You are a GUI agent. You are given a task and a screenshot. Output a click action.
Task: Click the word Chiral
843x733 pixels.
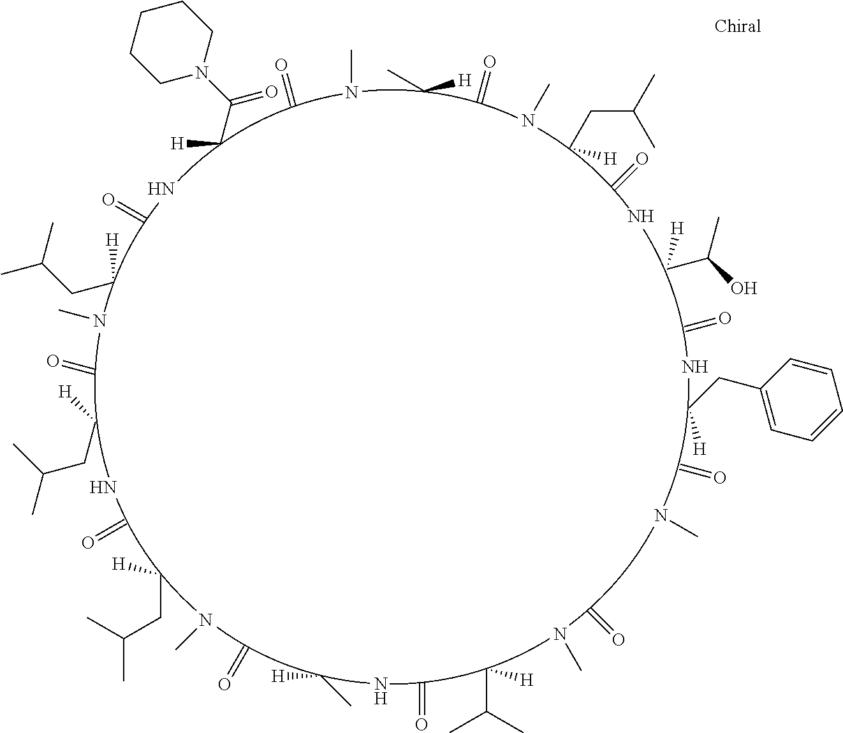[x=737, y=26]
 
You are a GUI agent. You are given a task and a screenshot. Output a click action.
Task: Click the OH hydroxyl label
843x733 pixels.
[x=743, y=288]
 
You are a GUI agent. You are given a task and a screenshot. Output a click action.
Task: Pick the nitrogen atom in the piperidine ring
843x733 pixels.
[x=202, y=73]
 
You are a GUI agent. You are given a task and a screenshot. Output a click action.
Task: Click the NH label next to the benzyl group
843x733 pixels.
[x=694, y=367]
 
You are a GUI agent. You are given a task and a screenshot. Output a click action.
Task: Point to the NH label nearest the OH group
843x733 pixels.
[x=641, y=216]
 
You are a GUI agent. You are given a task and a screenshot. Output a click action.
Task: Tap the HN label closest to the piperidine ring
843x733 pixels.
[x=161, y=188]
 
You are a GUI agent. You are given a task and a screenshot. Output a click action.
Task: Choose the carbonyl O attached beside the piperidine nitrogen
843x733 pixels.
[x=271, y=93]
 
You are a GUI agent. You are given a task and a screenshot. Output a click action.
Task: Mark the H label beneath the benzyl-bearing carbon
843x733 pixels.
[x=700, y=449]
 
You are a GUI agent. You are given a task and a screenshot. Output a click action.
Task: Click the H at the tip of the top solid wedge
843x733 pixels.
[x=465, y=81]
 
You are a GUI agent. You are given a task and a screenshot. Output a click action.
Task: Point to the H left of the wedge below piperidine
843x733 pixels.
[x=177, y=144]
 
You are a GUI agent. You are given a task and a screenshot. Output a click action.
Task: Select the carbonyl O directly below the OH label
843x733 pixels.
[x=724, y=318]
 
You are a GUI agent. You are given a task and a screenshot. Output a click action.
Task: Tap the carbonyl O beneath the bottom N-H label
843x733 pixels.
[x=420, y=724]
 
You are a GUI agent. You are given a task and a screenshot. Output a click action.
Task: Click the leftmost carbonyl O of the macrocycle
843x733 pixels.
[x=54, y=362]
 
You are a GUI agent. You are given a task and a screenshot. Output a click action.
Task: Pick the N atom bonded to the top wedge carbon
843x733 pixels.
[x=350, y=93]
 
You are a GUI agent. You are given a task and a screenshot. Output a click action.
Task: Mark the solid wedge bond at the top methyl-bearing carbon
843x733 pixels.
[x=439, y=85]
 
